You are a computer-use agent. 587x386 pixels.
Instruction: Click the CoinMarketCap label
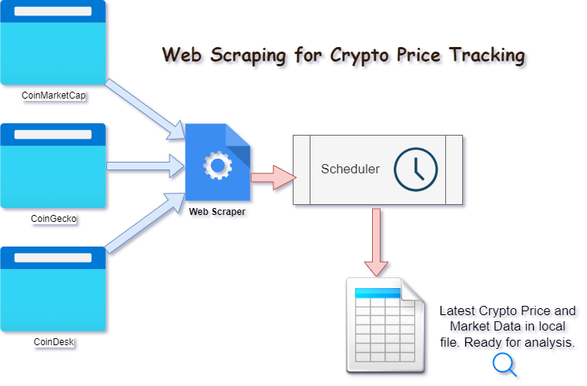54,96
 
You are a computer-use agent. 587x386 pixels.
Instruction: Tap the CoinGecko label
54,218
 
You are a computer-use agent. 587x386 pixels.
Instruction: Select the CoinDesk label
54,341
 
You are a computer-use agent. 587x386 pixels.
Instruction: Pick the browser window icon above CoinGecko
53,166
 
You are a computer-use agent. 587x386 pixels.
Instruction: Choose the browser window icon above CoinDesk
53,289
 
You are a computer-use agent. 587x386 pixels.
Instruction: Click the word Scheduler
350,169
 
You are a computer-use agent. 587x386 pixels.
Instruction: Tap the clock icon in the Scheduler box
415,169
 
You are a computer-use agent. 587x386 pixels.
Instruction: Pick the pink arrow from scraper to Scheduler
273,176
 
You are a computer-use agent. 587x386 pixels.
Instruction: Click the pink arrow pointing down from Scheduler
377,241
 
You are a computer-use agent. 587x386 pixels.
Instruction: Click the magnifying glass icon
505,364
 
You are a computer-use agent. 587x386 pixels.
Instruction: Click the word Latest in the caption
459,312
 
